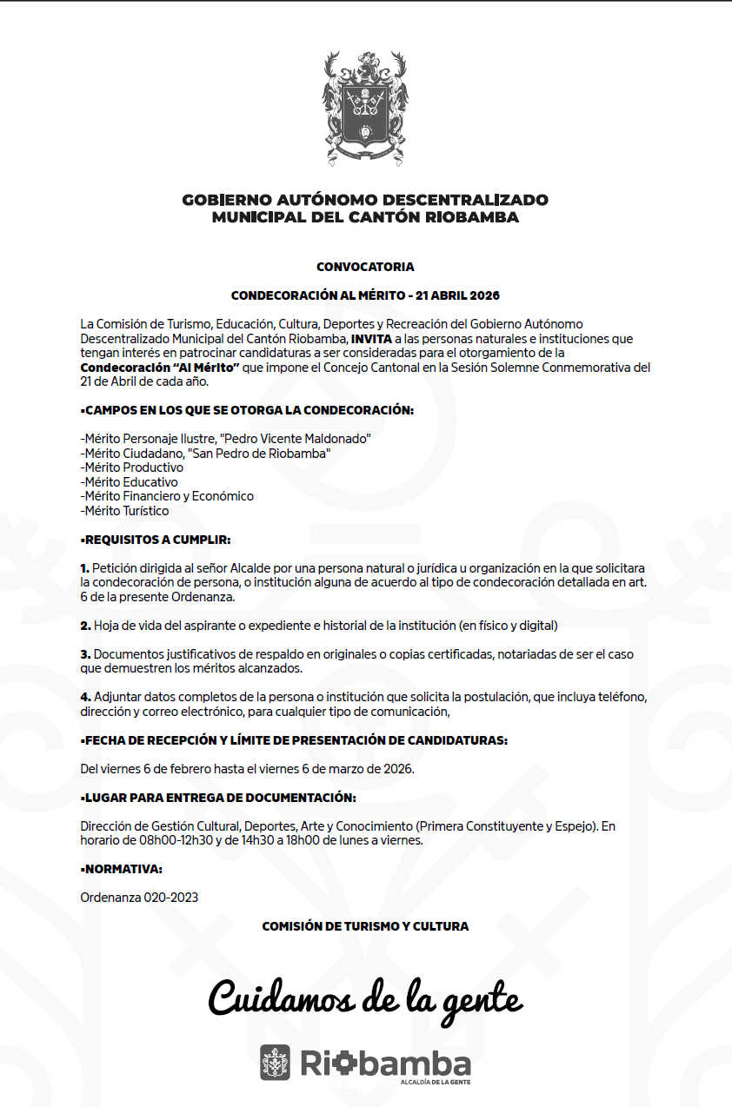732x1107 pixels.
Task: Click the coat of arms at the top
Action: [365, 108]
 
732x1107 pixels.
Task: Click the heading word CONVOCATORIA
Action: [365, 267]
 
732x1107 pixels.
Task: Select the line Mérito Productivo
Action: [131, 467]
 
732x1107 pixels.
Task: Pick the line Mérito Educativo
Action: [129, 482]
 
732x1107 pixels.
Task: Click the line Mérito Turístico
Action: [124, 511]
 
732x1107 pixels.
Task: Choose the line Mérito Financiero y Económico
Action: [167, 496]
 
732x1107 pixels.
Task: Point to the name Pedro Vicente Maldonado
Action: [298, 439]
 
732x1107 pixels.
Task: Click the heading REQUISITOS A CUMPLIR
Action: [156, 540]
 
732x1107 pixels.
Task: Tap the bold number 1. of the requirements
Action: [85, 567]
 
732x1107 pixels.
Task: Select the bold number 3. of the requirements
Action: [85, 653]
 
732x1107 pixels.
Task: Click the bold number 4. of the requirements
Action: [85, 697]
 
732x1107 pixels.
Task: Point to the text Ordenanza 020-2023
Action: [139, 897]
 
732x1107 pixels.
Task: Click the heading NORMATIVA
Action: [122, 869]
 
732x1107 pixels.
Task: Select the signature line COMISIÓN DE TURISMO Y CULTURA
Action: [365, 926]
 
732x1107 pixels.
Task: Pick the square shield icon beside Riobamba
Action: [276, 1063]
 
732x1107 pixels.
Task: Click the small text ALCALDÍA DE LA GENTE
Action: [436, 1083]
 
